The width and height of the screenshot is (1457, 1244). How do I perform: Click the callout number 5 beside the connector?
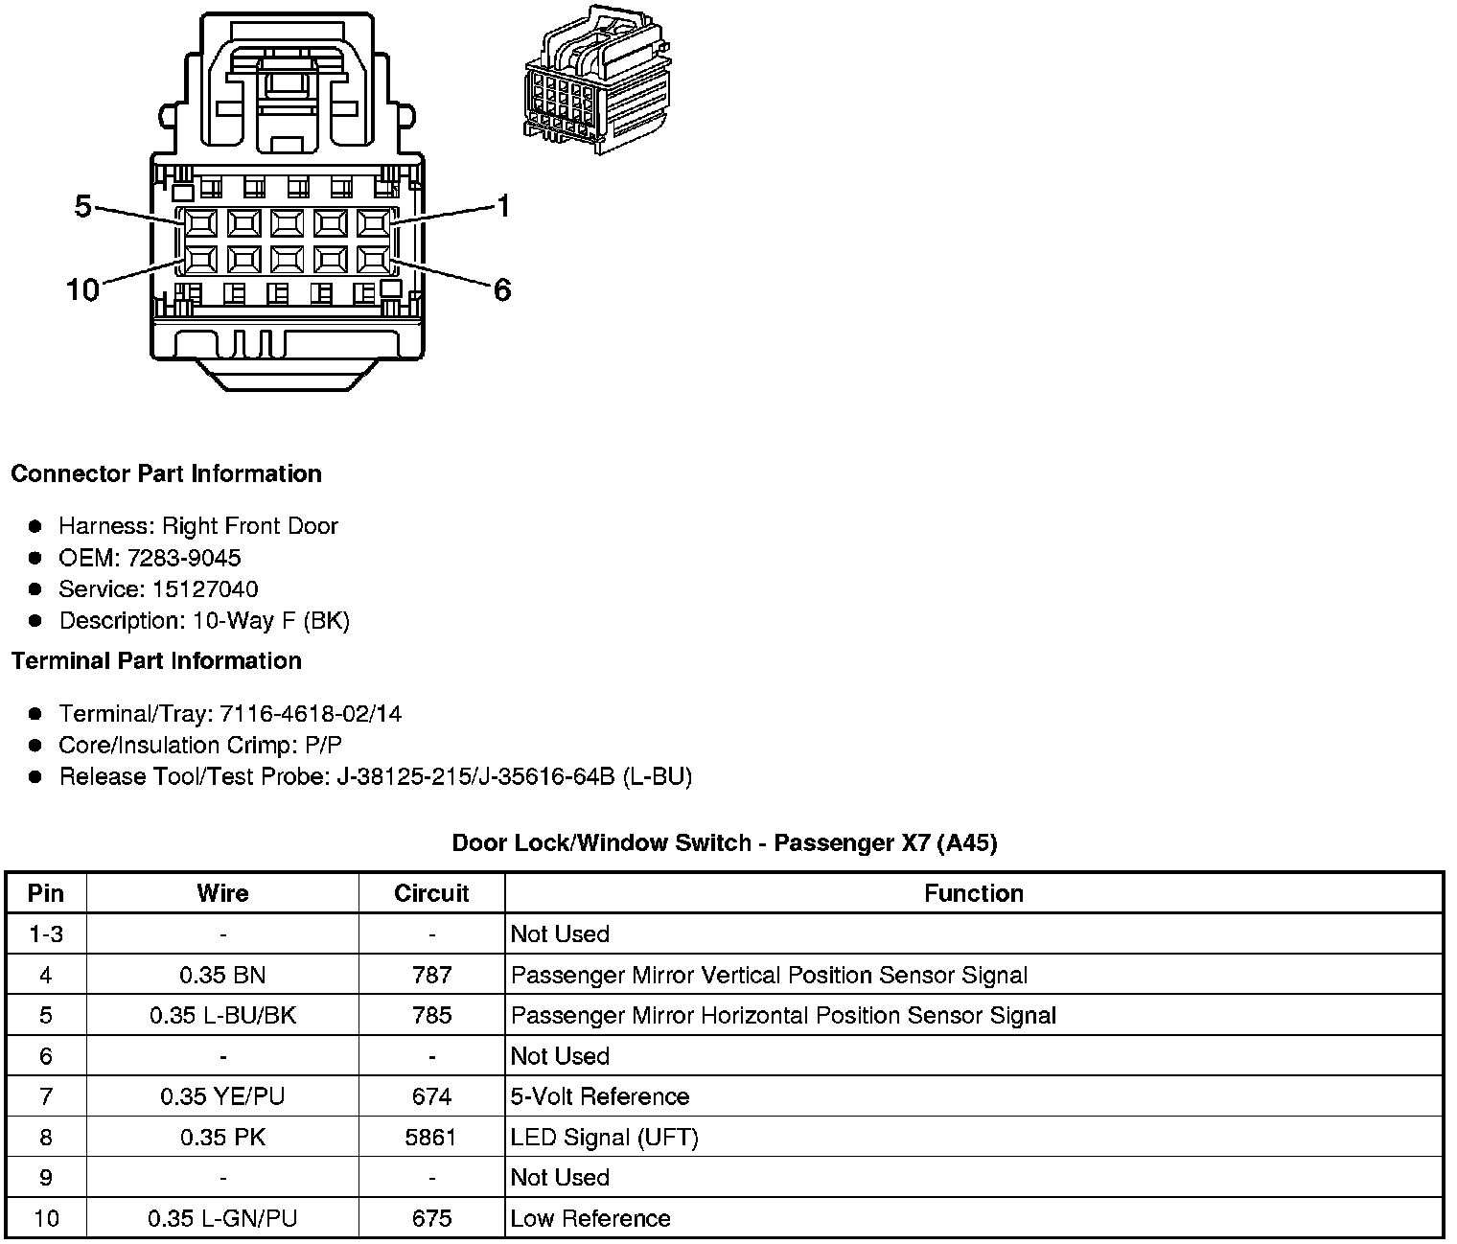(x=82, y=205)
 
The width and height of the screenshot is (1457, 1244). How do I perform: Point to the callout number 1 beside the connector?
(x=502, y=206)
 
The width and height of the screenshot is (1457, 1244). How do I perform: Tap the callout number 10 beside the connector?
(x=82, y=289)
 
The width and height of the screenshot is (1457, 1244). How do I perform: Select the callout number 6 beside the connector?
(x=502, y=289)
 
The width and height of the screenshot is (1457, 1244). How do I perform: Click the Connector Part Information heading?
(x=166, y=473)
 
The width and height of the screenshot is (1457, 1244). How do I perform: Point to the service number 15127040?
(x=205, y=589)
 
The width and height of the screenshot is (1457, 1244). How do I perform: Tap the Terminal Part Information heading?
(x=156, y=660)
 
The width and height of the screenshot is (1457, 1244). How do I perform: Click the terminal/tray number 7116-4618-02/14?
(x=311, y=714)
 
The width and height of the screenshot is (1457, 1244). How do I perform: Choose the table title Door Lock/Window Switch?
(x=725, y=842)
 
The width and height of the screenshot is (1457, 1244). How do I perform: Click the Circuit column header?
(x=431, y=893)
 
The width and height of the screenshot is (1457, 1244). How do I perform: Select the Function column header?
(x=974, y=893)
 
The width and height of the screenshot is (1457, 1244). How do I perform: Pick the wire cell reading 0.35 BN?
(x=222, y=975)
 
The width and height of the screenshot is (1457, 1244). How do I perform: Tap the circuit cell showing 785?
(x=431, y=1015)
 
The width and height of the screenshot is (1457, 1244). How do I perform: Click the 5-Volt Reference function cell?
(x=600, y=1096)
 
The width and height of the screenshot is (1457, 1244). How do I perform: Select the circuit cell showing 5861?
(x=431, y=1138)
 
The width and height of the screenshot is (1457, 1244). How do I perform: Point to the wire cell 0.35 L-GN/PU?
(x=222, y=1218)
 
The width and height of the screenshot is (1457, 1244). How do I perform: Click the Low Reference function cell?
(x=590, y=1218)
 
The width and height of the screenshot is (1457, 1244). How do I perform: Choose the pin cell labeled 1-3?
(x=46, y=933)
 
